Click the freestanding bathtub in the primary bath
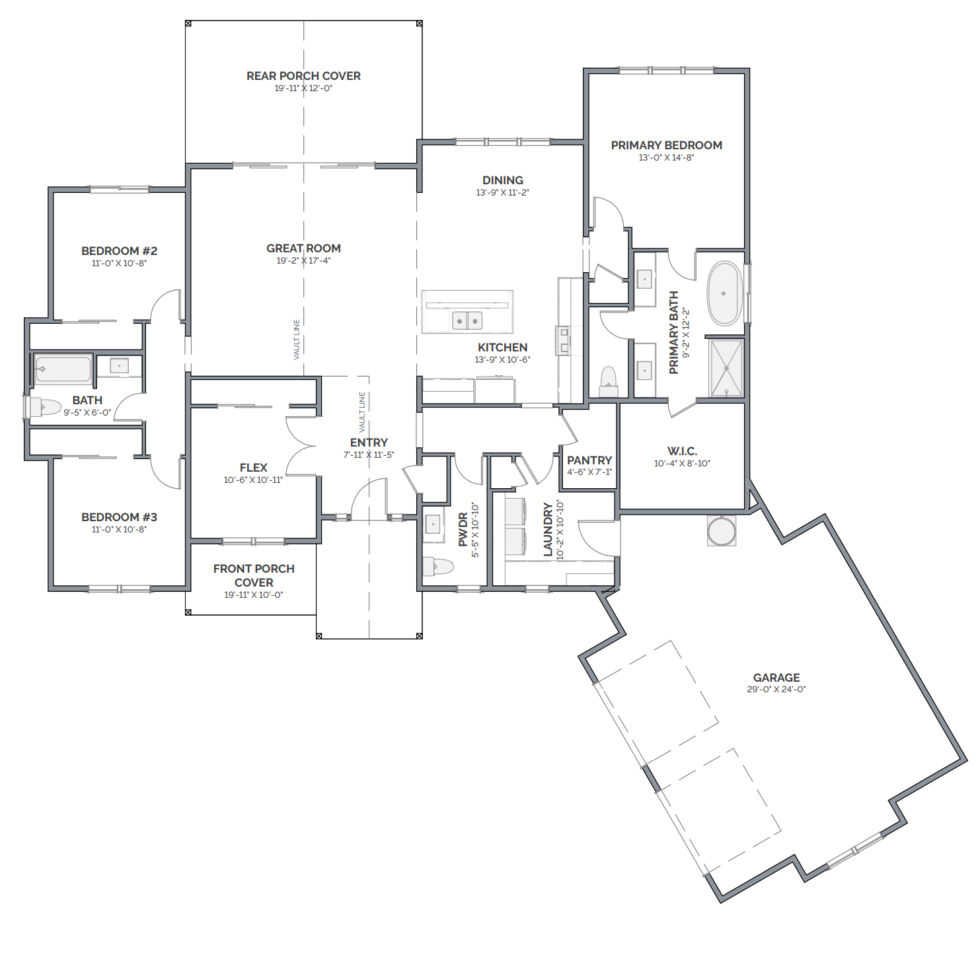click(x=724, y=294)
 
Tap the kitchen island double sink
click(x=467, y=321)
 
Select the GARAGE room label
click(x=776, y=678)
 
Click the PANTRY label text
click(x=589, y=460)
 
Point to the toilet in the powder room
click(x=438, y=566)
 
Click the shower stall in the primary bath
click(x=726, y=368)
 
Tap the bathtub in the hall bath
click(x=63, y=369)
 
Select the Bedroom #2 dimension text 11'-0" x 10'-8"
click(x=119, y=263)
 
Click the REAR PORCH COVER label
click(x=303, y=76)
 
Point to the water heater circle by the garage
click(x=722, y=531)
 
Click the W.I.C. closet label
click(x=682, y=451)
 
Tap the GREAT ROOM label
click(x=303, y=248)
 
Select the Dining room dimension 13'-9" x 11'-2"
click(x=502, y=192)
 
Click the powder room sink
click(x=433, y=525)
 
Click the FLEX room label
click(x=253, y=468)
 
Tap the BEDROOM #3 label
click(x=119, y=517)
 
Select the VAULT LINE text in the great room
click(x=297, y=340)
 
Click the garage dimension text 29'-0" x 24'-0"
click(x=776, y=690)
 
